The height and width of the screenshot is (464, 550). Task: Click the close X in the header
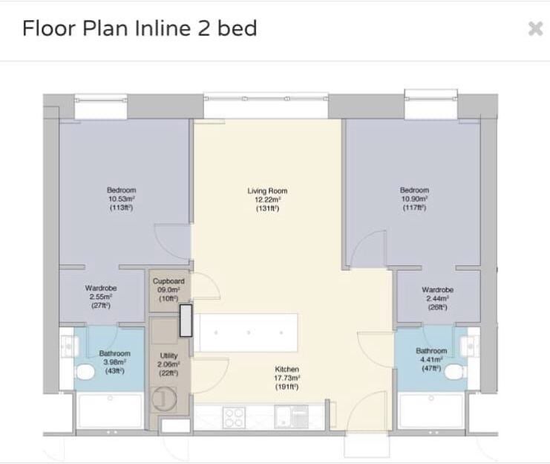tap(536, 28)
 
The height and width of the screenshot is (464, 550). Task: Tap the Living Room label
tap(267, 191)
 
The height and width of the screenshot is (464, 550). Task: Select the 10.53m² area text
tap(122, 199)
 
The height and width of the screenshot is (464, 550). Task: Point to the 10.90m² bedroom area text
tap(414, 199)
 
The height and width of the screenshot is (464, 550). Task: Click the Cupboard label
tap(168, 281)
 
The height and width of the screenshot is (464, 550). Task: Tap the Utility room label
tap(168, 355)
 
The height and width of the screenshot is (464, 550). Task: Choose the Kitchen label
tap(287, 369)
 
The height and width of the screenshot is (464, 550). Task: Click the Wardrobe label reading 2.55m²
tap(101, 289)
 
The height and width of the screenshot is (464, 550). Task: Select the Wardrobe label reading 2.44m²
tap(438, 290)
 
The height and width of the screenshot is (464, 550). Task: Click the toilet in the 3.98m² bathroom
tap(84, 373)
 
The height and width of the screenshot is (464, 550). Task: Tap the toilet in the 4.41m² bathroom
tap(456, 372)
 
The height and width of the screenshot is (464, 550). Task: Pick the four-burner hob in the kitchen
tap(234, 418)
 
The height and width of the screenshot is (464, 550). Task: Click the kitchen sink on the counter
tap(291, 417)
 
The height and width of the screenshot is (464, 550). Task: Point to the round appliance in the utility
tap(164, 399)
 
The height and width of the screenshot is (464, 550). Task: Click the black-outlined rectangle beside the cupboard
tap(186, 320)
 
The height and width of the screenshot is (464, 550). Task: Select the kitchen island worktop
tap(246, 332)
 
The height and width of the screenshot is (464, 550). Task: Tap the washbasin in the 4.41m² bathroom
tap(470, 346)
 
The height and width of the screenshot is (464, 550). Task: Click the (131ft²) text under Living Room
tap(267, 208)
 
